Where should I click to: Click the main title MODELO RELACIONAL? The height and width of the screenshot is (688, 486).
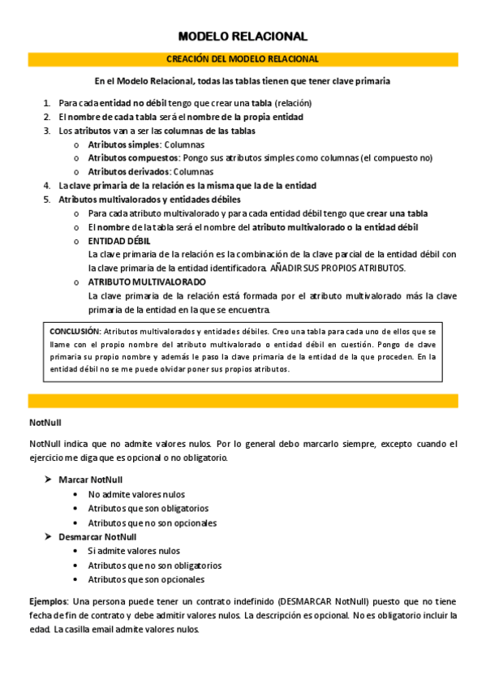243,37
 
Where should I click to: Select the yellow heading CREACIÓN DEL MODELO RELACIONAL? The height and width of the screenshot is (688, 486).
243,59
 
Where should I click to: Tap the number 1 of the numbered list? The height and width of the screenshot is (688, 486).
45,103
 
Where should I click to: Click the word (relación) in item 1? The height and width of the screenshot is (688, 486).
293,103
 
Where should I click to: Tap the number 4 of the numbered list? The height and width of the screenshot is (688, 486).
45,186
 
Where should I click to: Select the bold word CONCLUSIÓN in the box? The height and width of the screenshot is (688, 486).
75,332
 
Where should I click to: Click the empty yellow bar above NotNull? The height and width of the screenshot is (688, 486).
243,401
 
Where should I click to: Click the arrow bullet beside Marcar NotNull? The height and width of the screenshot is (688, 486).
48,479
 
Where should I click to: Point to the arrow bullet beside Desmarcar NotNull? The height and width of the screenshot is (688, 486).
48,536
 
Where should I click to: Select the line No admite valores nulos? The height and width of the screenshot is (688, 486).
136,494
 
